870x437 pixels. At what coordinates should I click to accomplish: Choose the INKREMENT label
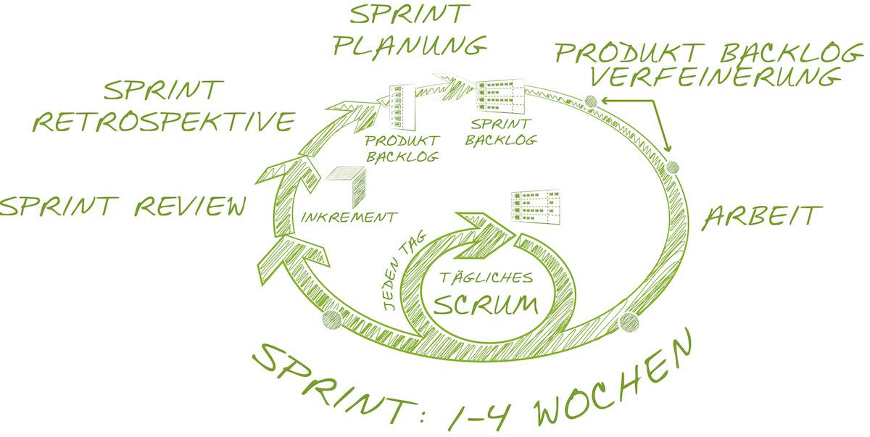(349, 217)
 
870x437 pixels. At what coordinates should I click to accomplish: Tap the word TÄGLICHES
(487, 278)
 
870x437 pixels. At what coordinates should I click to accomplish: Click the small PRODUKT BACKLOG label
(402, 148)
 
